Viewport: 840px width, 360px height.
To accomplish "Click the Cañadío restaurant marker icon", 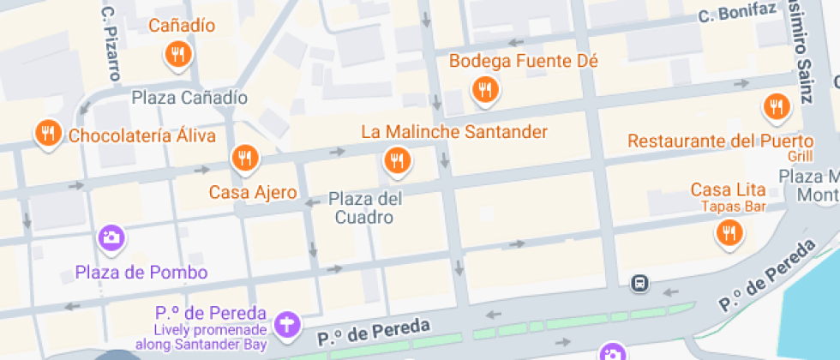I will pyautogui.click(x=177, y=55).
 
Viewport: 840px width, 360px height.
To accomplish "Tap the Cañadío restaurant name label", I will pyautogui.click(x=182, y=26).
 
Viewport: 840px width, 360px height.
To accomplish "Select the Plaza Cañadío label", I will pyautogui.click(x=189, y=98).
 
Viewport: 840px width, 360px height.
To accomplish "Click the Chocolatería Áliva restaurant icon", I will pyautogui.click(x=46, y=134).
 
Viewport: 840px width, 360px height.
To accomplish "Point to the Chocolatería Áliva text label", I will pyautogui.click(x=141, y=135).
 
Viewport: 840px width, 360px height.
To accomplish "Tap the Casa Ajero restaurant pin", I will pyautogui.click(x=244, y=158).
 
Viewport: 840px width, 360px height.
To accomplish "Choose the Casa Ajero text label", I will pyautogui.click(x=253, y=192).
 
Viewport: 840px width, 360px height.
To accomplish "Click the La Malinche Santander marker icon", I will pyautogui.click(x=396, y=159).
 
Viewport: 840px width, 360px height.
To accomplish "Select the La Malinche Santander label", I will pyautogui.click(x=453, y=132).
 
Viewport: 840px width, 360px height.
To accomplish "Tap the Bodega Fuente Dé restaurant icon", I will pyautogui.click(x=485, y=88).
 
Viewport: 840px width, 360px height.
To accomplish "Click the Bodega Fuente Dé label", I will pyautogui.click(x=523, y=61).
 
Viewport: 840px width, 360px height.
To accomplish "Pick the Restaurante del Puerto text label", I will pyautogui.click(x=720, y=141).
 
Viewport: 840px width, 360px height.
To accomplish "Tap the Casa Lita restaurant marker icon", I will pyautogui.click(x=729, y=232).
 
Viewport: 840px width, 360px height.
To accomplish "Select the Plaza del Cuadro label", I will pyautogui.click(x=366, y=208).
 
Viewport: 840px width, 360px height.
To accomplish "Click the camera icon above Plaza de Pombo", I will pyautogui.click(x=111, y=237).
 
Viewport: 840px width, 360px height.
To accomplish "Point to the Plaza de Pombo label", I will pyautogui.click(x=141, y=273).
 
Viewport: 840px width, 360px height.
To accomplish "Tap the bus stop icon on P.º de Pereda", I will pyautogui.click(x=639, y=283).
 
